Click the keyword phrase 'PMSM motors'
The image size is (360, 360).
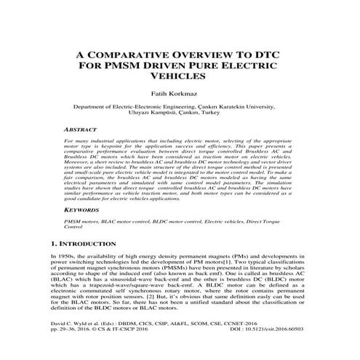point(82,219)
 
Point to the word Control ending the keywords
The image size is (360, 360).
point(74,226)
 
